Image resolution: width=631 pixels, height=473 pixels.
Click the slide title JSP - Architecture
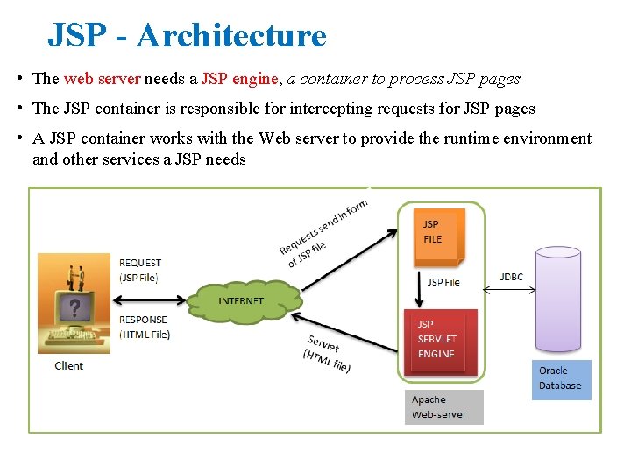(187, 35)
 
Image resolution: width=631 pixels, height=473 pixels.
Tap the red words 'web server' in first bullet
(102, 79)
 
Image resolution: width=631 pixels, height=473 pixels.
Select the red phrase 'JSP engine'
(239, 79)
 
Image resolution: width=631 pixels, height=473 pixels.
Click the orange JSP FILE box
(441, 234)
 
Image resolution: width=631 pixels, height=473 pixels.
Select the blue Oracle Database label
(561, 378)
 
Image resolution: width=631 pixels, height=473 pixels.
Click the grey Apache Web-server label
(443, 407)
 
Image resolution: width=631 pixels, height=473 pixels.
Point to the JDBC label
(511, 277)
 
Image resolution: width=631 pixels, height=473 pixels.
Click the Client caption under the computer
(68, 365)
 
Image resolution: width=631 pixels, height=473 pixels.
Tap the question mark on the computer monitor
(77, 308)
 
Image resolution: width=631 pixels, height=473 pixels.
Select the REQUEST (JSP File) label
(140, 270)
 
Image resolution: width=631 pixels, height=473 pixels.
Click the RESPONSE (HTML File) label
(144, 327)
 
